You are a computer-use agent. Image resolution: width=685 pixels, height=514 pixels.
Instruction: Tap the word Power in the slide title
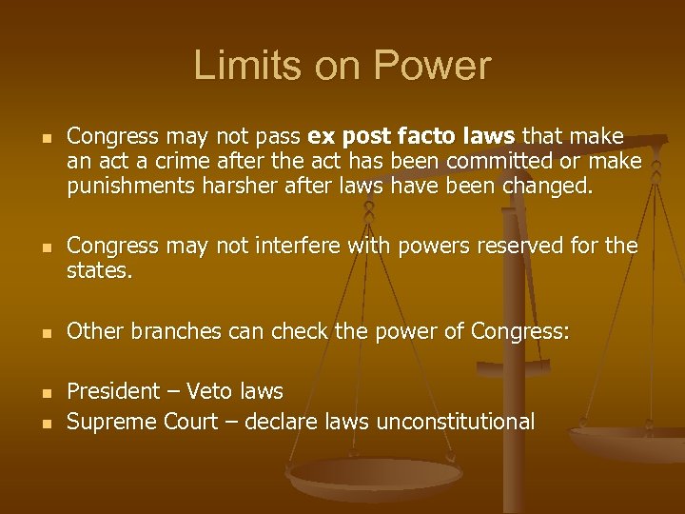tap(433, 66)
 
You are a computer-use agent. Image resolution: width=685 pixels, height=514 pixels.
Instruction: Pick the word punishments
tap(130, 187)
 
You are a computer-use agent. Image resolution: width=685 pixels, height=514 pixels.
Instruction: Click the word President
tap(113, 391)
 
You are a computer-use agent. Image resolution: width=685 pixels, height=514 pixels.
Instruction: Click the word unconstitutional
tap(456, 421)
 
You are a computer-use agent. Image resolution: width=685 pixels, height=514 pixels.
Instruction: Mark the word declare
tap(281, 421)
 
